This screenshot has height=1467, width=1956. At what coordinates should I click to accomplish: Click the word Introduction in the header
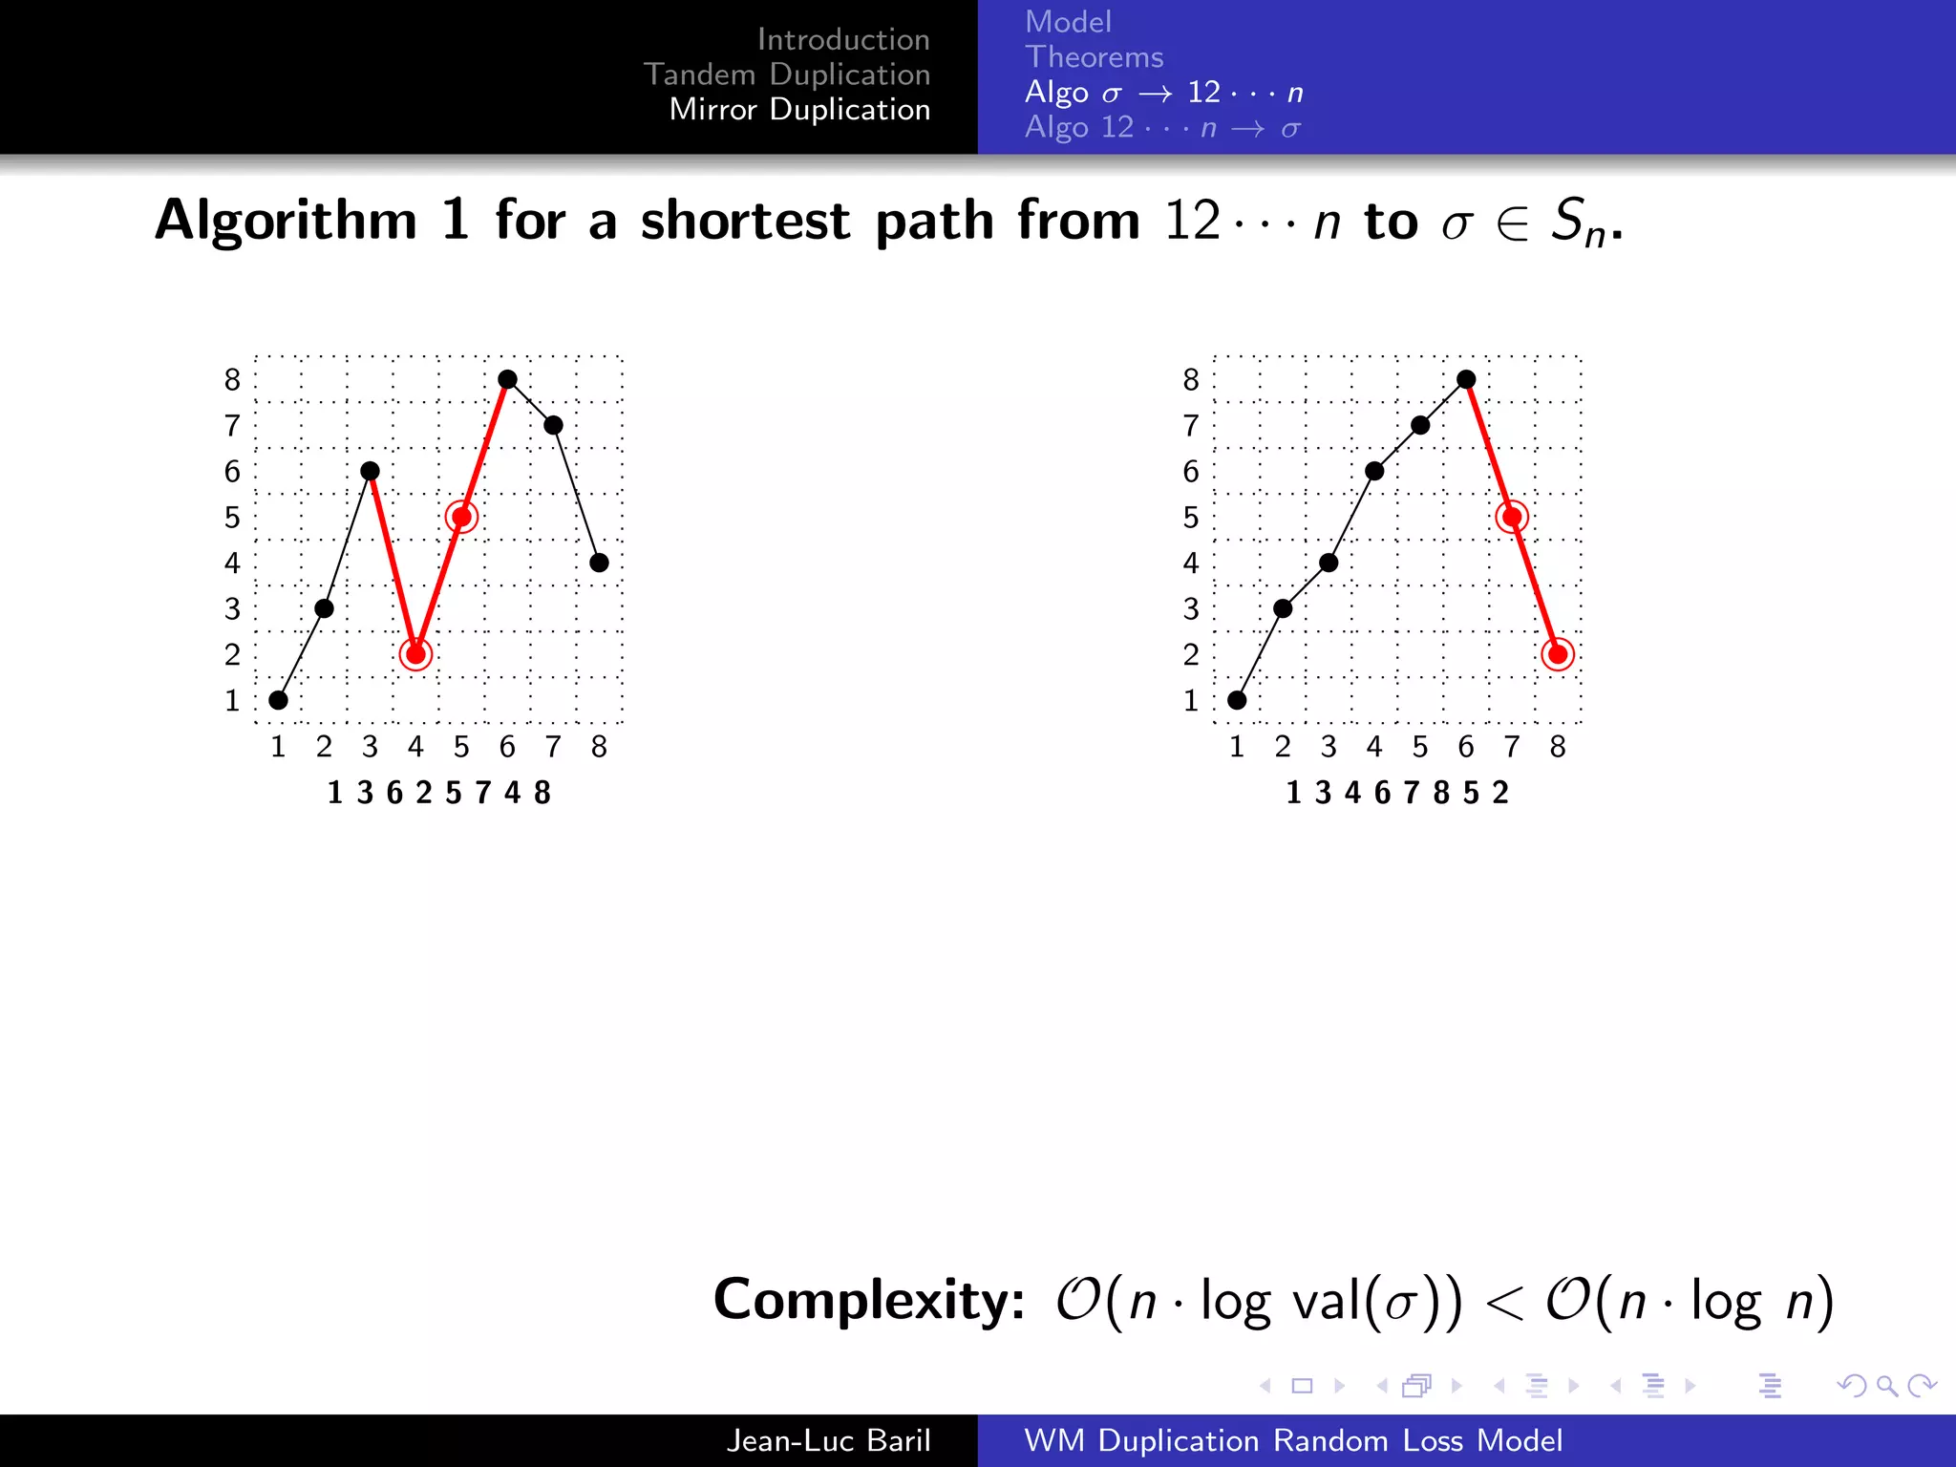tap(842, 39)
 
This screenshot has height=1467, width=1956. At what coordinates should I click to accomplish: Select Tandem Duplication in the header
tap(786, 74)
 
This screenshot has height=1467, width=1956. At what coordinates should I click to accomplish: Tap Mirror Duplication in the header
tap(799, 110)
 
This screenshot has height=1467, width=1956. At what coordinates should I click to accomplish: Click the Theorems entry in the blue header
tap(1094, 57)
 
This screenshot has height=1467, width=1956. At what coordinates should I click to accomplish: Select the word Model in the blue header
tap(1068, 22)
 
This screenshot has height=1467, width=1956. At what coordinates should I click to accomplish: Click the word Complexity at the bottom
tap(868, 1300)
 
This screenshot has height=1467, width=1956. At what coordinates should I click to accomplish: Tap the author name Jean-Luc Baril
tap(827, 1440)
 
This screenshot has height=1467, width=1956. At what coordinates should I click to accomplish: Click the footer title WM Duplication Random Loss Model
tap(1293, 1440)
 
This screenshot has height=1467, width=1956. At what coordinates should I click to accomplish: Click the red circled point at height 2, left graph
tap(415, 654)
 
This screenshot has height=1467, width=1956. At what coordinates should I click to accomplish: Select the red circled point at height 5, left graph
tap(461, 517)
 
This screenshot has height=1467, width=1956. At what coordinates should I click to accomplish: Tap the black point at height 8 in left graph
tap(507, 379)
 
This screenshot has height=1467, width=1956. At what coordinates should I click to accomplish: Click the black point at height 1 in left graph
tap(278, 700)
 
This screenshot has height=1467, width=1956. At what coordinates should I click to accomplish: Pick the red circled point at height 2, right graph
tap(1558, 654)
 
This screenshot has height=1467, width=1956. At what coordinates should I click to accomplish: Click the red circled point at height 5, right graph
tap(1512, 517)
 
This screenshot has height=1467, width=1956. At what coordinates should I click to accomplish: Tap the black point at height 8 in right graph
tap(1466, 379)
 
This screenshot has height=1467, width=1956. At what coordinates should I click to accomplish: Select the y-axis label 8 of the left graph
tap(232, 380)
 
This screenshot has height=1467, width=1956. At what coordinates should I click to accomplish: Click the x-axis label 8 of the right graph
tap(1558, 747)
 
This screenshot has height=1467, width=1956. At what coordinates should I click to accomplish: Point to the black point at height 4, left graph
tap(599, 563)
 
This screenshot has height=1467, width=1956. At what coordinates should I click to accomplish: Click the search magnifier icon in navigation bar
tap(1886, 1386)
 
